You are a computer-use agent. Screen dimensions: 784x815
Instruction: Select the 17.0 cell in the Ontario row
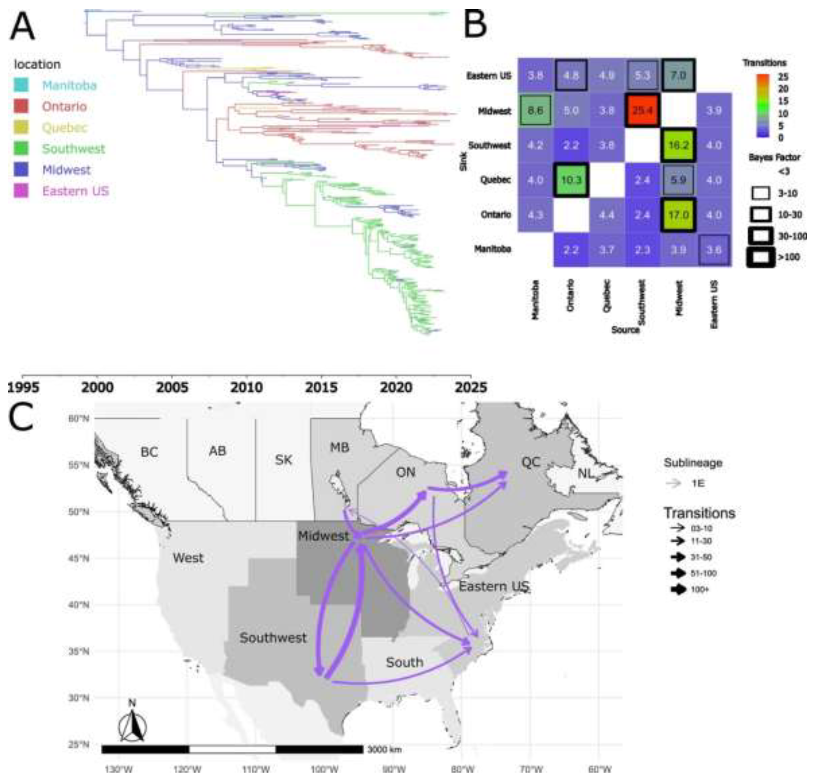coord(677,215)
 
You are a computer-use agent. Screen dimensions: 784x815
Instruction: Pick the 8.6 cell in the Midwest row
coord(535,111)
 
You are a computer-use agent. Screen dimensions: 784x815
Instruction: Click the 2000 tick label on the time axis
coord(97,387)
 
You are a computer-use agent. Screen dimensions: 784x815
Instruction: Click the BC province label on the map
coord(149,452)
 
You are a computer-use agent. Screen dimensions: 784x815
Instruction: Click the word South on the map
coord(404,662)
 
